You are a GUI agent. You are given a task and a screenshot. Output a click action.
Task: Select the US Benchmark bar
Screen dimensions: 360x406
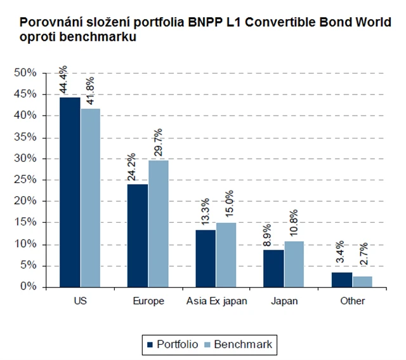(x=90, y=197)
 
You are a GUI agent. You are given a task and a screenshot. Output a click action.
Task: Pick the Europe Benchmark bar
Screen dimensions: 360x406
(x=158, y=223)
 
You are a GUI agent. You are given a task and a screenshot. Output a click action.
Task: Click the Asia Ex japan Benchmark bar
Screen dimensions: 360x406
(x=226, y=255)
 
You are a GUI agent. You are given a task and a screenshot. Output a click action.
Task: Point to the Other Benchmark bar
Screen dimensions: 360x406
(x=363, y=281)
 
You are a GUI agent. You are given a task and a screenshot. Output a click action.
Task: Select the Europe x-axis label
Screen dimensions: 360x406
(x=148, y=301)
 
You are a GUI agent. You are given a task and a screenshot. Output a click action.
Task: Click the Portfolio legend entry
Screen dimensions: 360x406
(x=173, y=344)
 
